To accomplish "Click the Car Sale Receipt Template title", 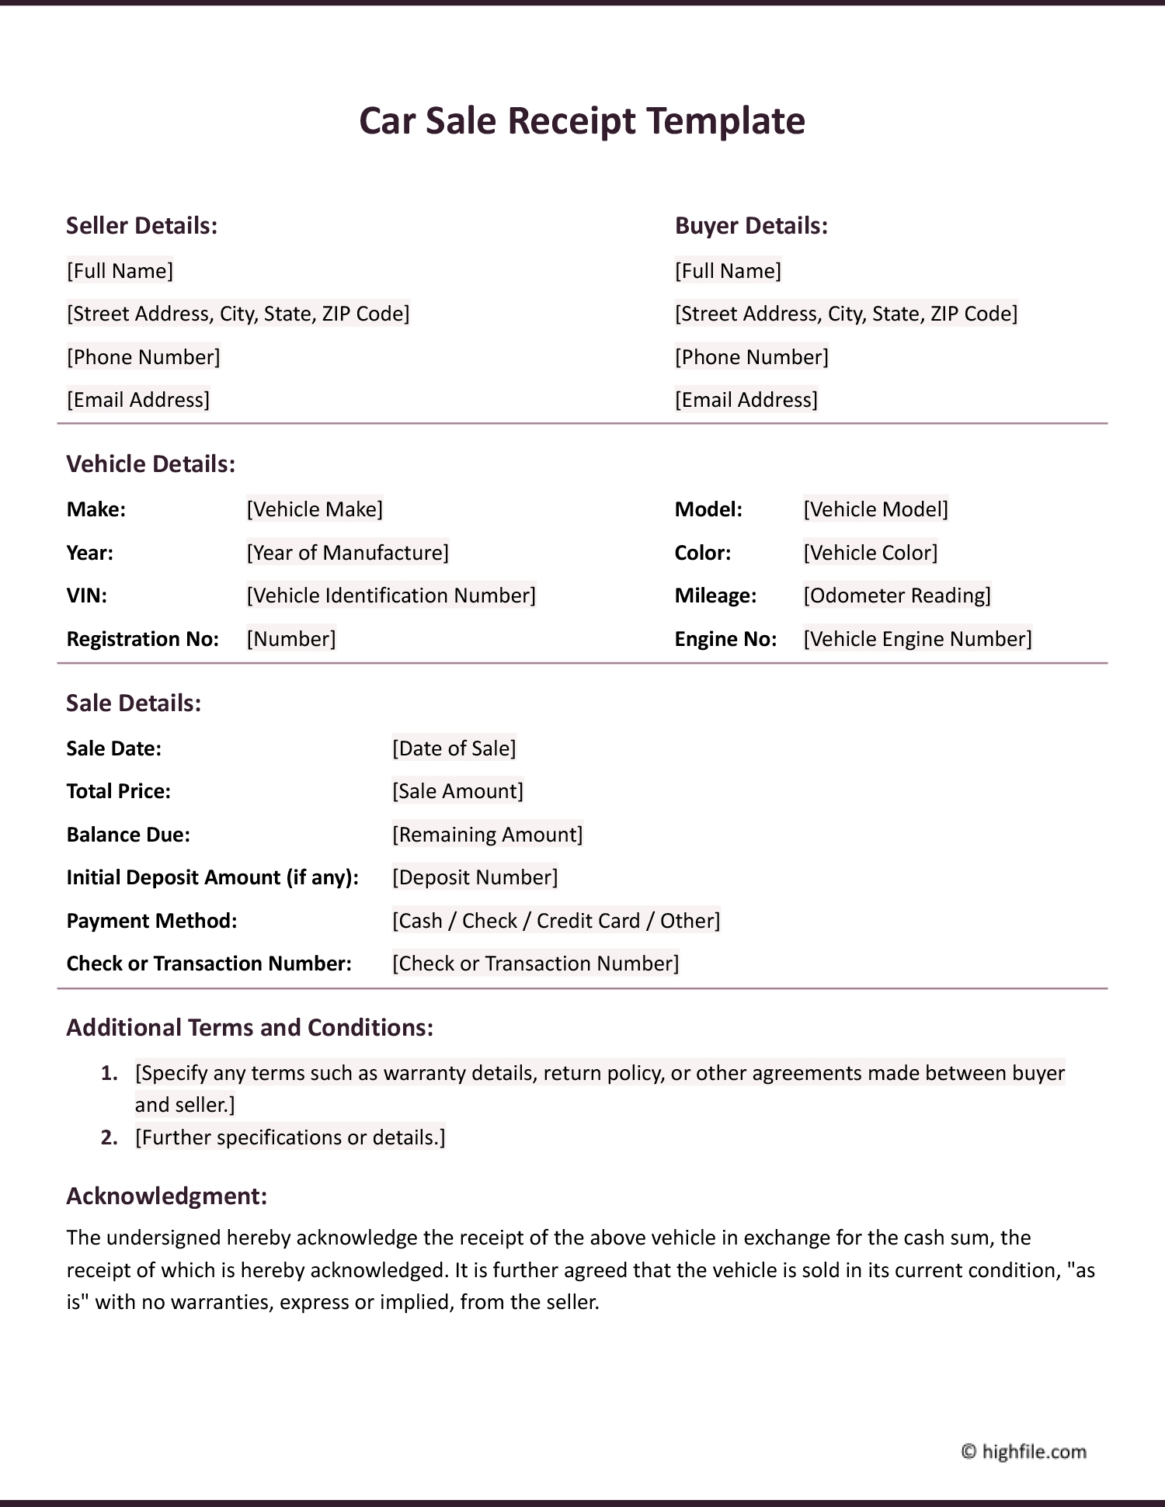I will point(582,121).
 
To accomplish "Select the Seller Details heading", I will point(141,226).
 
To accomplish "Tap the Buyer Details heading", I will point(751,226).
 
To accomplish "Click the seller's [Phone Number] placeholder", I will point(144,357).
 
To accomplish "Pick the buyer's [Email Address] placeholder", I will point(746,400).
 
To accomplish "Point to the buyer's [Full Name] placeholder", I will point(728,271).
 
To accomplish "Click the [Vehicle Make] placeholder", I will point(315,509).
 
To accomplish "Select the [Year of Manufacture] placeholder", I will point(347,553).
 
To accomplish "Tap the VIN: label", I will point(87,596).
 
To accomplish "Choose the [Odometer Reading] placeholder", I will point(897,596).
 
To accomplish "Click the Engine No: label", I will point(725,639).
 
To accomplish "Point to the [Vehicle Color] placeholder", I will point(871,553).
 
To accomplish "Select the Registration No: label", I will point(143,639).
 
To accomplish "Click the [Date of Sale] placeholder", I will point(454,748).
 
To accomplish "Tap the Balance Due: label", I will point(128,835).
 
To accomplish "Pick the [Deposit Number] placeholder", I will point(475,877).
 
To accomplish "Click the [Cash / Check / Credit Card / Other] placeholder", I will point(556,921).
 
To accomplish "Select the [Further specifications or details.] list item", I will point(290,1137).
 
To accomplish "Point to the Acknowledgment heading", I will point(167,1196).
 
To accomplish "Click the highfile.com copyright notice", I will point(1024,1451).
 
